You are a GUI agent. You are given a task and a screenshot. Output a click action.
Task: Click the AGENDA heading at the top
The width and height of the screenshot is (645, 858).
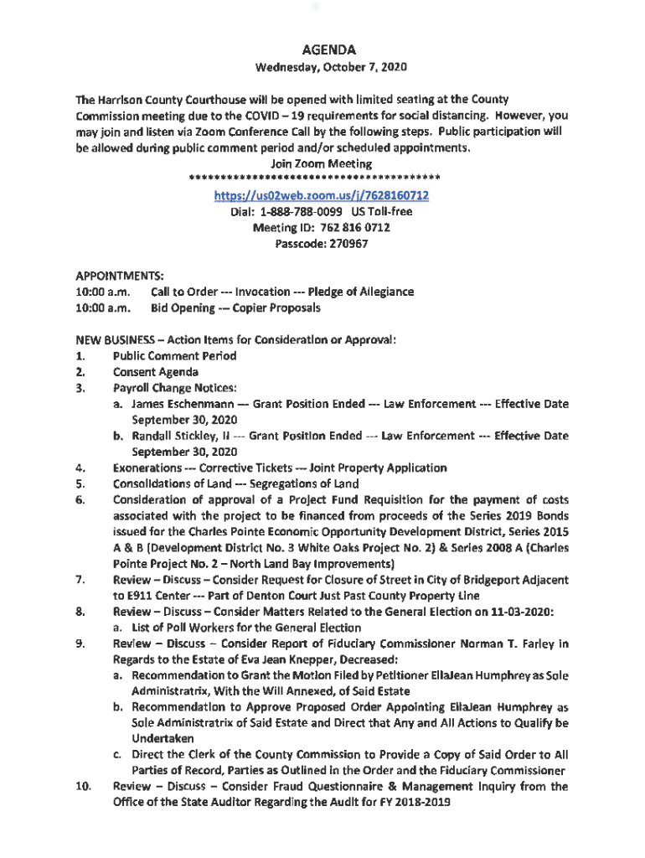coord(322,49)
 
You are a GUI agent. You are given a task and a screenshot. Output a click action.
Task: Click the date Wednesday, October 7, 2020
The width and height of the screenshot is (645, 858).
coord(322,68)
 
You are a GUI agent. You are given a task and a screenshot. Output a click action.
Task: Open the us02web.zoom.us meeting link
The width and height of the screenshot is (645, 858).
coord(322,195)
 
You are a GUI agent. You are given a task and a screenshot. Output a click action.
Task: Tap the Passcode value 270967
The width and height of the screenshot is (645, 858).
coord(345,244)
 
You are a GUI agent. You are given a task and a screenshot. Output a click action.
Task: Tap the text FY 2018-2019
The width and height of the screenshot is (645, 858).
coord(415,803)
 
